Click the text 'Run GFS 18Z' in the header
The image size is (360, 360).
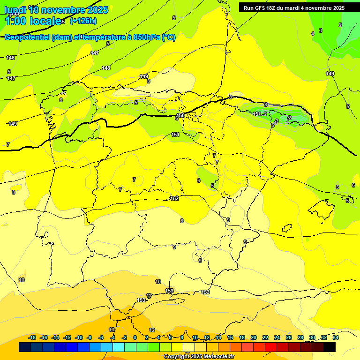point(259,8)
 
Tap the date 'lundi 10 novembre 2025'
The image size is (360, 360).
point(56,9)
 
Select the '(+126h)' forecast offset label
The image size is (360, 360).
point(83,21)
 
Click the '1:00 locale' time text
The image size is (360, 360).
point(33,21)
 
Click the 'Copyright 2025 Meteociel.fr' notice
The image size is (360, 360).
point(199,357)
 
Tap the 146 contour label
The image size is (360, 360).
point(10,58)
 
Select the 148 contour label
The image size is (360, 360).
point(106,68)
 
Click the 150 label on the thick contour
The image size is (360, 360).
point(180,115)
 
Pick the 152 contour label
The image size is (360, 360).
point(174,198)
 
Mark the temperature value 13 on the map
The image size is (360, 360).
point(112,330)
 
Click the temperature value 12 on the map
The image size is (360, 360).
point(152,330)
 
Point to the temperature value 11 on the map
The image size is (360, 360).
point(149,295)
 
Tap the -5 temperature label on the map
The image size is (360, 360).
point(135,103)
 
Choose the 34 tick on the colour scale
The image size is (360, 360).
point(336,337)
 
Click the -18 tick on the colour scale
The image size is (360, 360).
point(32,337)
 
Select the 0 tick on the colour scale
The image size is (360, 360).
point(135,337)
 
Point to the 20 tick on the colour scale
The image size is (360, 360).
point(254,337)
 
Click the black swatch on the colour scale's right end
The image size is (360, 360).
point(330,347)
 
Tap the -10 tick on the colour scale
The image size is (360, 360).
point(79,337)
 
